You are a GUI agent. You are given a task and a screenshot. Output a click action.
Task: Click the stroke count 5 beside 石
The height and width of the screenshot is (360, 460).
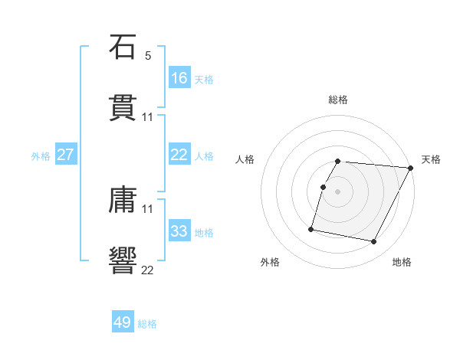click(148, 56)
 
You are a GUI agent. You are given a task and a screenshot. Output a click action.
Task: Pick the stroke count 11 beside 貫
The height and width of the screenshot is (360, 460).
click(148, 116)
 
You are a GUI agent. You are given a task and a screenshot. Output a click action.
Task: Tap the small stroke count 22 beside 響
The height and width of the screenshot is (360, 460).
click(148, 269)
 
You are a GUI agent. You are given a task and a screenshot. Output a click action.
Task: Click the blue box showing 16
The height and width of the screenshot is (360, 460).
click(179, 78)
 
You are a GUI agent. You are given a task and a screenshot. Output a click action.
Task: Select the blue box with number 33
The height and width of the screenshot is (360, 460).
click(179, 231)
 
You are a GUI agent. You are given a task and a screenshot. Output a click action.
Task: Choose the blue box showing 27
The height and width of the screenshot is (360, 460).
click(66, 155)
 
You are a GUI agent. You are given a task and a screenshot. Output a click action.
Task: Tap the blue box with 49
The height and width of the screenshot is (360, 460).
click(123, 322)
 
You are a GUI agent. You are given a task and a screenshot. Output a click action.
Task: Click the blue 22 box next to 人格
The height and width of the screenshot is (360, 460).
click(179, 155)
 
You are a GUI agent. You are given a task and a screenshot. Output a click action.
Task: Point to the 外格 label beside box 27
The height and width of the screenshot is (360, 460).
click(41, 155)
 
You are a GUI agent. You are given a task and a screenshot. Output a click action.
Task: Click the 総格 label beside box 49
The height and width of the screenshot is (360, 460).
click(147, 324)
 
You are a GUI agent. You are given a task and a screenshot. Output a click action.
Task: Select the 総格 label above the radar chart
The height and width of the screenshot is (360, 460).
click(337, 100)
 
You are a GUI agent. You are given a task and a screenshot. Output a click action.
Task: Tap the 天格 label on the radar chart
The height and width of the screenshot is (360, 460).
click(431, 159)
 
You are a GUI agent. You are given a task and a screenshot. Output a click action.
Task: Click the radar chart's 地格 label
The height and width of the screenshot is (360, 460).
click(402, 262)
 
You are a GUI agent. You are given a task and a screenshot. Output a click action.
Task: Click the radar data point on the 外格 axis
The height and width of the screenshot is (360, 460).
click(311, 228)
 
